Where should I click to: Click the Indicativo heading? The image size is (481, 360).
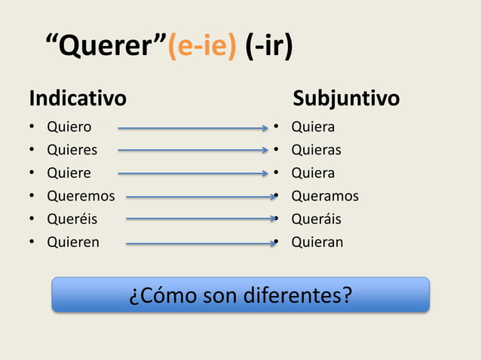pyautogui.click(x=78, y=99)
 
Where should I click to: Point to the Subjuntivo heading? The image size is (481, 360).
pyautogui.click(x=346, y=99)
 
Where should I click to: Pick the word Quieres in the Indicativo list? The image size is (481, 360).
pyautogui.click(x=72, y=150)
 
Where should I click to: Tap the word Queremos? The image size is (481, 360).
pyautogui.click(x=81, y=197)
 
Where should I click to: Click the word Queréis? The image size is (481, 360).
pyautogui.click(x=72, y=219)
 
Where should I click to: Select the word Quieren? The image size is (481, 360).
pyautogui.click(x=72, y=243)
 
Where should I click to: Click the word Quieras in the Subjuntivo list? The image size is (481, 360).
pyautogui.click(x=316, y=150)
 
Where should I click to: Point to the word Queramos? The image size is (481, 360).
pyautogui.click(x=325, y=197)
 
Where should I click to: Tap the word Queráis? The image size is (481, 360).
pyautogui.click(x=316, y=219)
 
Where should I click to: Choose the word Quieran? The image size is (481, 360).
pyautogui.click(x=317, y=243)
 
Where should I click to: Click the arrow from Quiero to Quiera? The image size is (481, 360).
pyautogui.click(x=192, y=128)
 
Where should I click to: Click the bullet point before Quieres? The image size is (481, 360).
pyautogui.click(x=32, y=151)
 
